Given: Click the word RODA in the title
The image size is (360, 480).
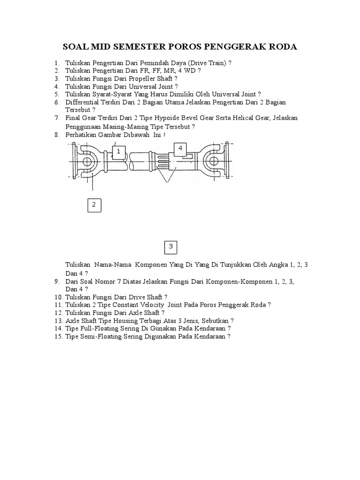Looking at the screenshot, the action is click(280, 47).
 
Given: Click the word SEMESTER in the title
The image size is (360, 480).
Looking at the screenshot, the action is click(129, 47).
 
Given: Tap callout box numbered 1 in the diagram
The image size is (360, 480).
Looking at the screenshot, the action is click(119, 151).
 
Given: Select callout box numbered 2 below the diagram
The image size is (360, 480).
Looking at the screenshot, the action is click(94, 204).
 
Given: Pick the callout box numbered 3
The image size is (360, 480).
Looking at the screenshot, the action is click(171, 246).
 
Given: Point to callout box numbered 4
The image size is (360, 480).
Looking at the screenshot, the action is click(180, 149).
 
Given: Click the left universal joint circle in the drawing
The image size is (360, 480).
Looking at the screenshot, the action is click(87, 161).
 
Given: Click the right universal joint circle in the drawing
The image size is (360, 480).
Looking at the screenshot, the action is click(214, 161).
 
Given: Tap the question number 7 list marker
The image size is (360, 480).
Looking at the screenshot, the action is click(56, 118).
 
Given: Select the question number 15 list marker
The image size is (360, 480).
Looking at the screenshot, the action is click(58, 337).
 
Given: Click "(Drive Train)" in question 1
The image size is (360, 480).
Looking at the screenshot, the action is click(207, 63).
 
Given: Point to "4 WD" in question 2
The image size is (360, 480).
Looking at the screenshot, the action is click(186, 70).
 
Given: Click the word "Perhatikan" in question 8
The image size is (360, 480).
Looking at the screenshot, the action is click(82, 135).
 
